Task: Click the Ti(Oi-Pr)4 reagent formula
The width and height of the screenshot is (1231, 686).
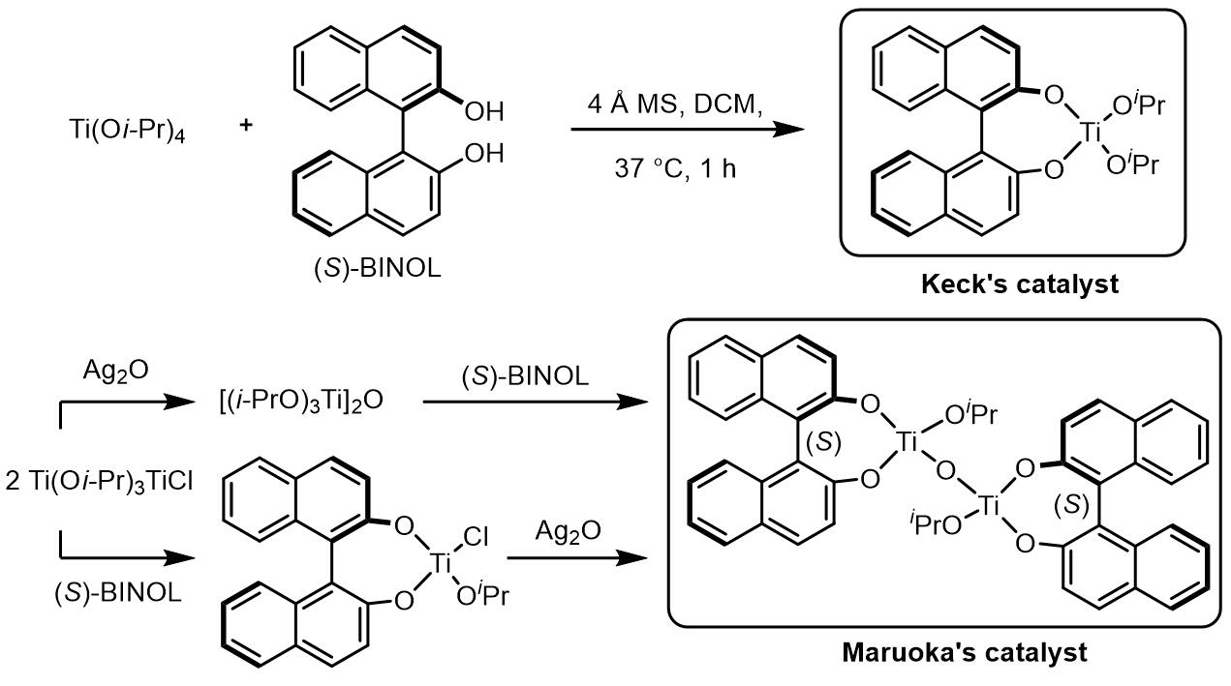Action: [x=127, y=131]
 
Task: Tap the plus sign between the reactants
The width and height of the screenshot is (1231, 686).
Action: [x=246, y=125]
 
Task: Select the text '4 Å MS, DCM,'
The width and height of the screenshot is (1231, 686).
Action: [x=675, y=104]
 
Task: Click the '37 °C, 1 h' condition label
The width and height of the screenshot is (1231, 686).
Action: [x=675, y=168]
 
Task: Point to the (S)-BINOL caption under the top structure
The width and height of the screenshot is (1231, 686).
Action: [x=378, y=269]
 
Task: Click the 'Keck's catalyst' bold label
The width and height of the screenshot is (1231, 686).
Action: [x=1020, y=284]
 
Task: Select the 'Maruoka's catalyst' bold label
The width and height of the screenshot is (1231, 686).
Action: [x=965, y=652]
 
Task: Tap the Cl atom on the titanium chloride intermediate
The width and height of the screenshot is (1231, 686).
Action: [x=476, y=537]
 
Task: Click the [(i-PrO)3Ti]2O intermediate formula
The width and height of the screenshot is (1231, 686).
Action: [x=301, y=401]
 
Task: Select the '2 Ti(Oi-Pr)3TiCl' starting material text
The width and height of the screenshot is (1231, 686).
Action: [x=100, y=481]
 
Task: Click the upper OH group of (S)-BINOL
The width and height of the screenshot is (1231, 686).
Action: [x=484, y=111]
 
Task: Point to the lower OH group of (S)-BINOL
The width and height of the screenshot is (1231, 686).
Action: [x=484, y=153]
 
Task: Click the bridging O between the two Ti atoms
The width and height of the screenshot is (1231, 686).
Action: [x=944, y=471]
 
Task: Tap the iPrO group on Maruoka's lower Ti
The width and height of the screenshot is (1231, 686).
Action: [x=936, y=523]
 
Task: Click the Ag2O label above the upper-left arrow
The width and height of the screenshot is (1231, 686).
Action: [x=115, y=371]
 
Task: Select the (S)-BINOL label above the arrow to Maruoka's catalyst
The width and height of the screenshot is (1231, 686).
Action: [x=525, y=376]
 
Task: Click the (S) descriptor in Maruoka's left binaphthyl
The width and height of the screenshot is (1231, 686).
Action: [x=824, y=442]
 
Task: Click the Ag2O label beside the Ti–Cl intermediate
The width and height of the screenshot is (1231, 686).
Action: [x=569, y=531]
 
